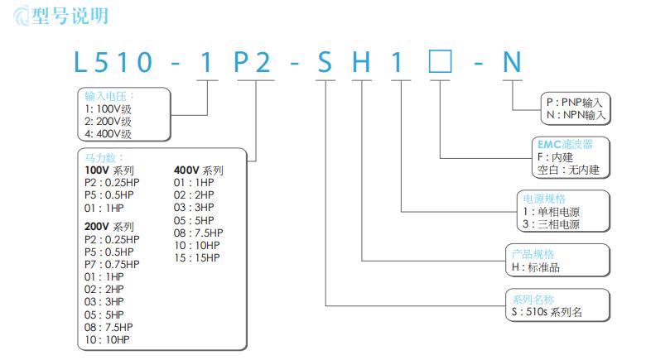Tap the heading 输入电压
coord(108,96)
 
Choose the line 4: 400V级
coord(108,132)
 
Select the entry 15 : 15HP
coord(197,257)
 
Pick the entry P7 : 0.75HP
coord(112,264)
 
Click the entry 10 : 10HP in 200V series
coord(107,339)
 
